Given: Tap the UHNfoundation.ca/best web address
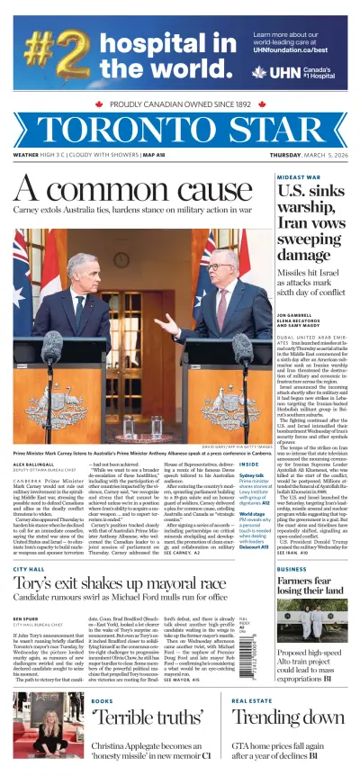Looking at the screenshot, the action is tap(295, 49).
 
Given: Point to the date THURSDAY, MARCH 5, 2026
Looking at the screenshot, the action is tap(308, 155).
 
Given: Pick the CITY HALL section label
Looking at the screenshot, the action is tap(29, 569).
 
